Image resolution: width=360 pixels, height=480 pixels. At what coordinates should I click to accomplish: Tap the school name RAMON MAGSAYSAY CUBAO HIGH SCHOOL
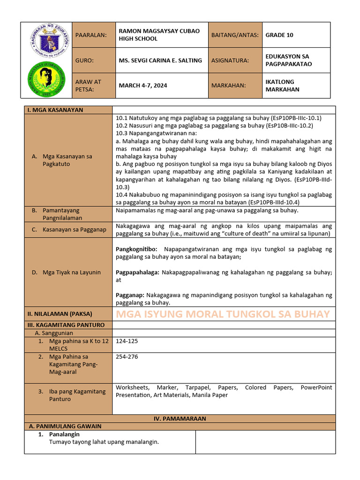coord(159,35)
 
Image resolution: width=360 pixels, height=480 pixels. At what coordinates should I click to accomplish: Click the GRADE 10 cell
coord(279,35)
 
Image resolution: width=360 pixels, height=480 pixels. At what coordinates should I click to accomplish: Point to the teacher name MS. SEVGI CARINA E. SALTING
coord(160,60)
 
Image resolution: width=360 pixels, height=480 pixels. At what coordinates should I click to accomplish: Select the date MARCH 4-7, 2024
coord(142,86)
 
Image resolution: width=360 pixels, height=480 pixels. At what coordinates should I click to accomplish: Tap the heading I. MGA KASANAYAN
coord(55,110)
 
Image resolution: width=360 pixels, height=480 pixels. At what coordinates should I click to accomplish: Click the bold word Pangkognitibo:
coord(136,249)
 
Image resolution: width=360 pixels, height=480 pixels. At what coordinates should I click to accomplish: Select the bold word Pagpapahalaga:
coord(137,272)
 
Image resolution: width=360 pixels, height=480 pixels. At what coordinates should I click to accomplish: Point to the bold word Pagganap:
coord(130,295)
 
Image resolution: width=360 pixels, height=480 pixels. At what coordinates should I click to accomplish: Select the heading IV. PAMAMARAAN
coord(180,419)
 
